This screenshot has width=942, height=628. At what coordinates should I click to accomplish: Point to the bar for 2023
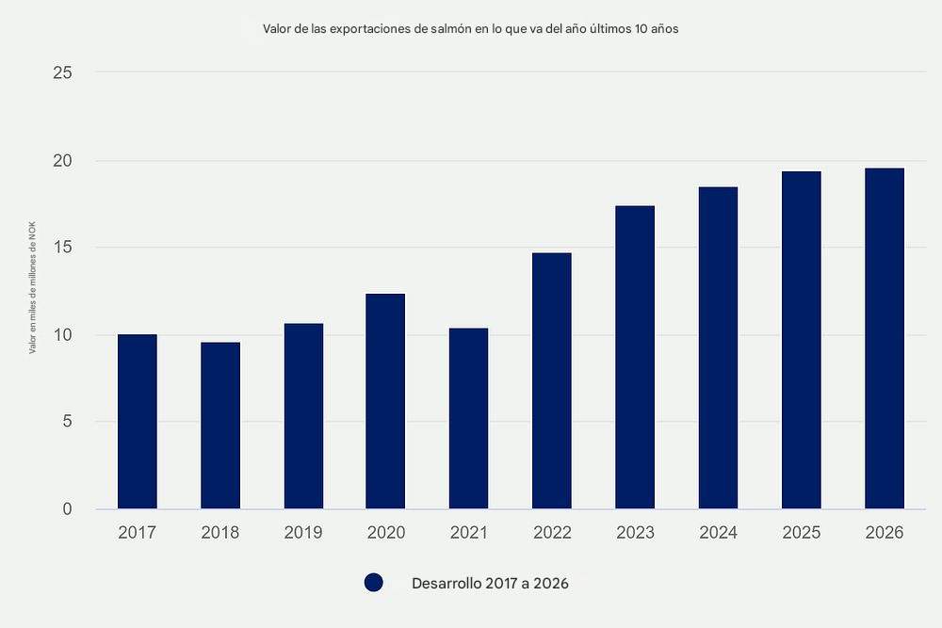tap(635, 358)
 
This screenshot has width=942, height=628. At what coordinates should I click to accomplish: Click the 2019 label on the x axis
tap(303, 533)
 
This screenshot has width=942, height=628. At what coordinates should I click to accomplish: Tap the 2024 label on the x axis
tap(718, 533)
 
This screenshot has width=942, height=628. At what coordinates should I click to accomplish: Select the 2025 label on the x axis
tap(802, 533)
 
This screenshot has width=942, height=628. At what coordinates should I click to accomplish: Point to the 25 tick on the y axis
tap(62, 72)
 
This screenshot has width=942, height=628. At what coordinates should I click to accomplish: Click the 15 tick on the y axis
tap(63, 248)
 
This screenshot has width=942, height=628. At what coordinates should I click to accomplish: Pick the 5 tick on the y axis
tap(68, 422)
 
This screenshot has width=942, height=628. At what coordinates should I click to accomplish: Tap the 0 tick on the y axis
tap(68, 509)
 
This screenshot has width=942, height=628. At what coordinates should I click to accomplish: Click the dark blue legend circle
tap(374, 584)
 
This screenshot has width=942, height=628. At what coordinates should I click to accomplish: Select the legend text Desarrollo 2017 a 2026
tap(490, 584)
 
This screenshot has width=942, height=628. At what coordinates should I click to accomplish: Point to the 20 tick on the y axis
tap(62, 161)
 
